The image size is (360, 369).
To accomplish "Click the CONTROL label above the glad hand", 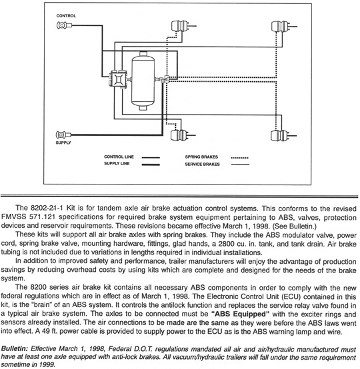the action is [x=66, y=16].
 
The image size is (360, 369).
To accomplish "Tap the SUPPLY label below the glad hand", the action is [x=63, y=143].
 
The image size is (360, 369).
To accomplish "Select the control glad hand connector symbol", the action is [x=64, y=25].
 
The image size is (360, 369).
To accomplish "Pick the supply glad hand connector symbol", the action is [x=63, y=135].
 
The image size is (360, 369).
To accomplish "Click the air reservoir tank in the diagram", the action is [x=143, y=81].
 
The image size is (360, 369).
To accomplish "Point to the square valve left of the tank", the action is [x=118, y=79].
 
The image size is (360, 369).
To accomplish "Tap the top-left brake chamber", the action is [x=181, y=26].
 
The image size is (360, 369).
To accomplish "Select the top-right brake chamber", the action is [x=281, y=27].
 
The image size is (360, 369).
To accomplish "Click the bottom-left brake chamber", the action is [x=180, y=135].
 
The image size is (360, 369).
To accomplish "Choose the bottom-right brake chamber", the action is [x=281, y=136].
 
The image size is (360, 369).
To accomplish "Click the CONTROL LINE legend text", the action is [x=119, y=157].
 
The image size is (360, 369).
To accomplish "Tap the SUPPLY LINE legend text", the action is [x=117, y=164].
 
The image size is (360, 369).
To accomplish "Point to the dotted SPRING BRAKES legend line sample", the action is [x=239, y=158].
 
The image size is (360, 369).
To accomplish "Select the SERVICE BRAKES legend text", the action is [x=202, y=164].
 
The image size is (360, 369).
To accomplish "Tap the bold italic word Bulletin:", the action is [x=15, y=348].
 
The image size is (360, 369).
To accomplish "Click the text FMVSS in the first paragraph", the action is [x=13, y=216].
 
